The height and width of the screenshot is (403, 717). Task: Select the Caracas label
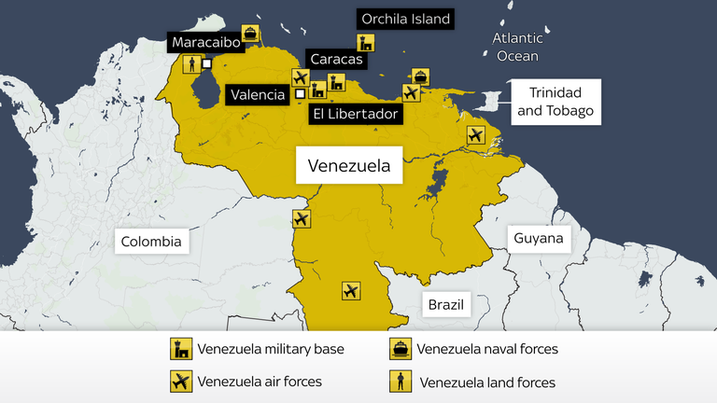click(336, 60)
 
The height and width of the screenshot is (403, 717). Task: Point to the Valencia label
click(258, 94)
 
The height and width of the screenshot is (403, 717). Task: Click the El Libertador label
click(356, 114)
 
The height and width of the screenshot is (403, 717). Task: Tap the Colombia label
click(151, 242)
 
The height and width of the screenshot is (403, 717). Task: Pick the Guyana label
click(539, 238)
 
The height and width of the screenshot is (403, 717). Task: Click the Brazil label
click(445, 304)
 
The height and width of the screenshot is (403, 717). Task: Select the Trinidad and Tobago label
click(555, 102)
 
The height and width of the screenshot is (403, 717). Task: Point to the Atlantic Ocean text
click(517, 47)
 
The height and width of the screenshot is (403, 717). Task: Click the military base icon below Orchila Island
click(367, 43)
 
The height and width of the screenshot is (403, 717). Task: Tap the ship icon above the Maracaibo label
click(251, 33)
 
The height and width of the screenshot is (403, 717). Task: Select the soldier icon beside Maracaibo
click(190, 64)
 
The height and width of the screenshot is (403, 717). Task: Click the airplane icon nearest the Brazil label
click(351, 291)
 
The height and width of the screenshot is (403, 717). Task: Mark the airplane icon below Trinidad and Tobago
click(476, 136)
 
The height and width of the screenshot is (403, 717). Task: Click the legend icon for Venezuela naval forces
click(401, 350)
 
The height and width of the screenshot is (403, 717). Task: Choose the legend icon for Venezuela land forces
click(401, 382)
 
